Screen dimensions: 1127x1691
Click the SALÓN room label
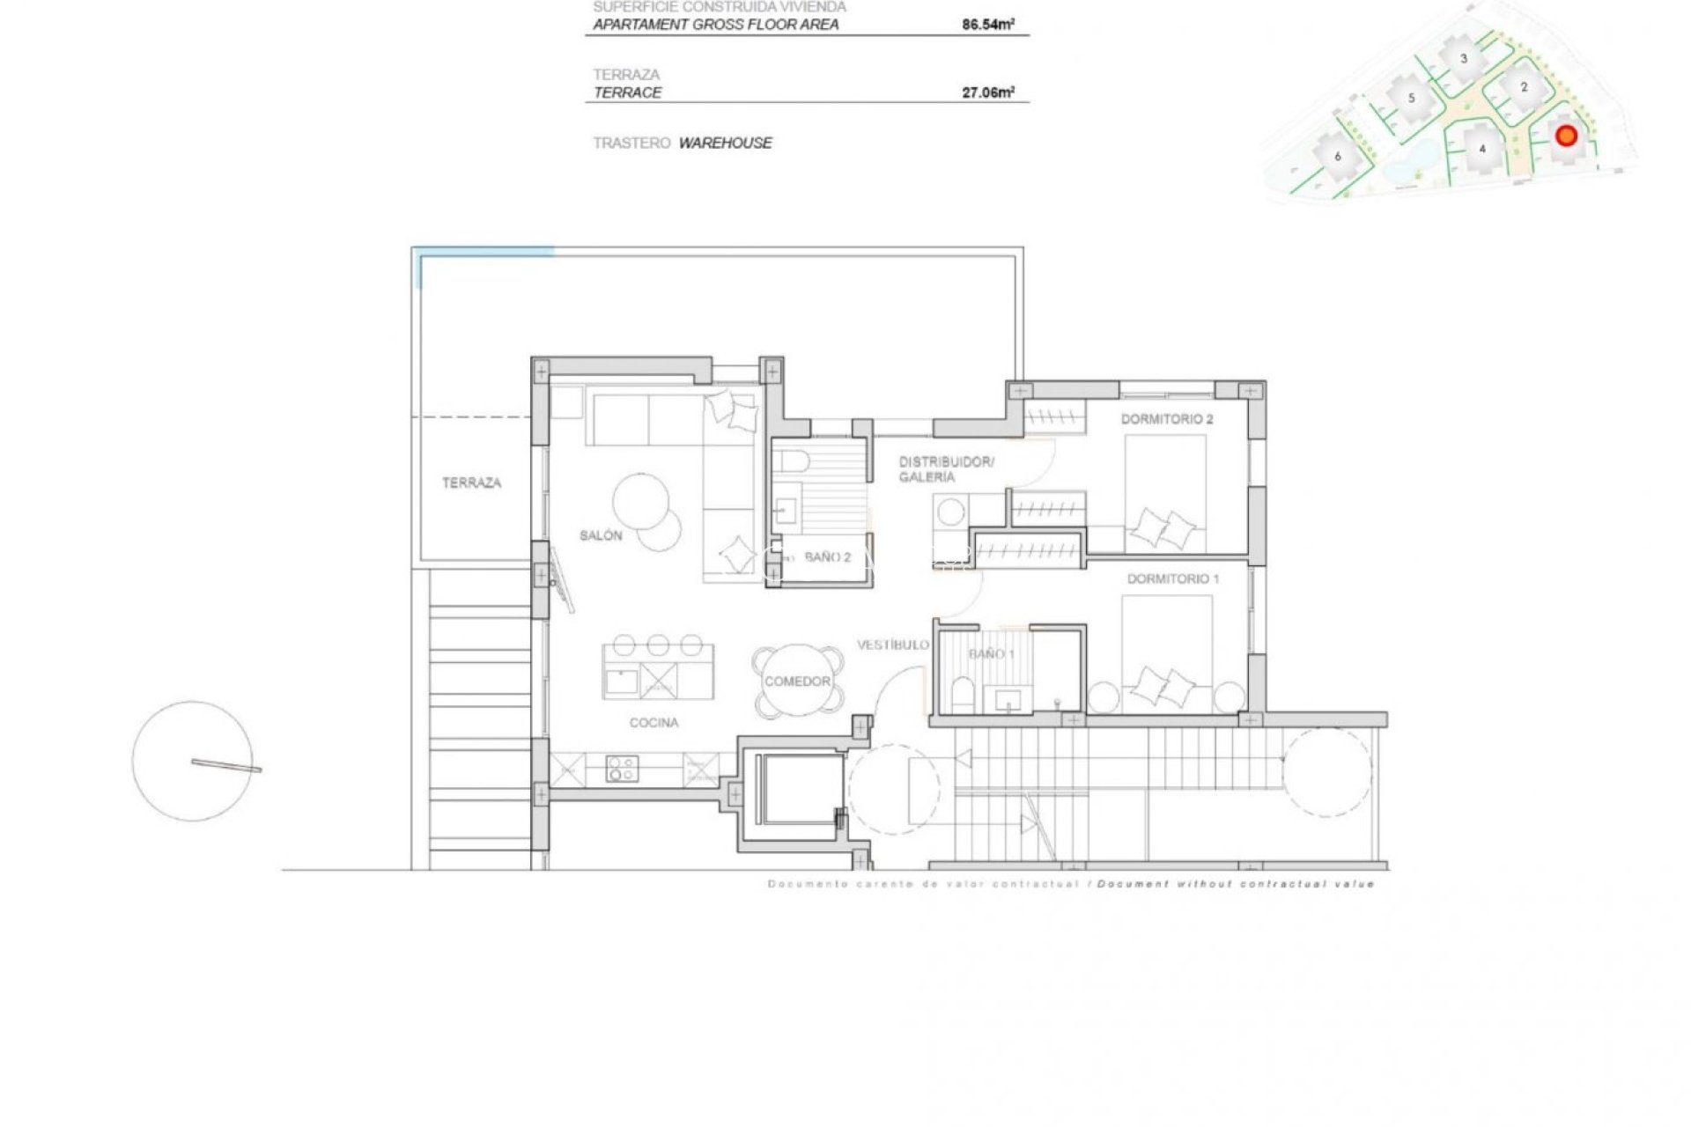tap(601, 535)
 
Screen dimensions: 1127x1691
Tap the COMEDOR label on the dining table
tap(797, 681)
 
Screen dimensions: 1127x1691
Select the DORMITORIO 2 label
tap(1166, 419)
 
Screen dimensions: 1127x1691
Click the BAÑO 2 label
tap(827, 557)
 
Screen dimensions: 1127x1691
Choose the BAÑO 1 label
tap(992, 654)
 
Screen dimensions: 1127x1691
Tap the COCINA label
tap(654, 723)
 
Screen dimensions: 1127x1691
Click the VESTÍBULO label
tap(892, 645)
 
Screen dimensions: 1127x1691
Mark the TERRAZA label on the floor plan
tap(471, 482)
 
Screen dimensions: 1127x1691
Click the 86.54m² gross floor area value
tap(987, 25)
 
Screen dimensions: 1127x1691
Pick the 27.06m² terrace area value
tap(987, 92)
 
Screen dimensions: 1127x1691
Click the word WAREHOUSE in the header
tap(725, 143)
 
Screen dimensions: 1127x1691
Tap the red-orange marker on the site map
tap(1566, 136)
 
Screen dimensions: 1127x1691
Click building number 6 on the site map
tap(1338, 157)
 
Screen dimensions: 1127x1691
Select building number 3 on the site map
tap(1464, 59)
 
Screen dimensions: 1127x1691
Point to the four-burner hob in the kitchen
tap(623, 770)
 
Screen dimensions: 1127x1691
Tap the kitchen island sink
tap(623, 681)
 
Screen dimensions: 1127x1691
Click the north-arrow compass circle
tap(193, 761)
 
